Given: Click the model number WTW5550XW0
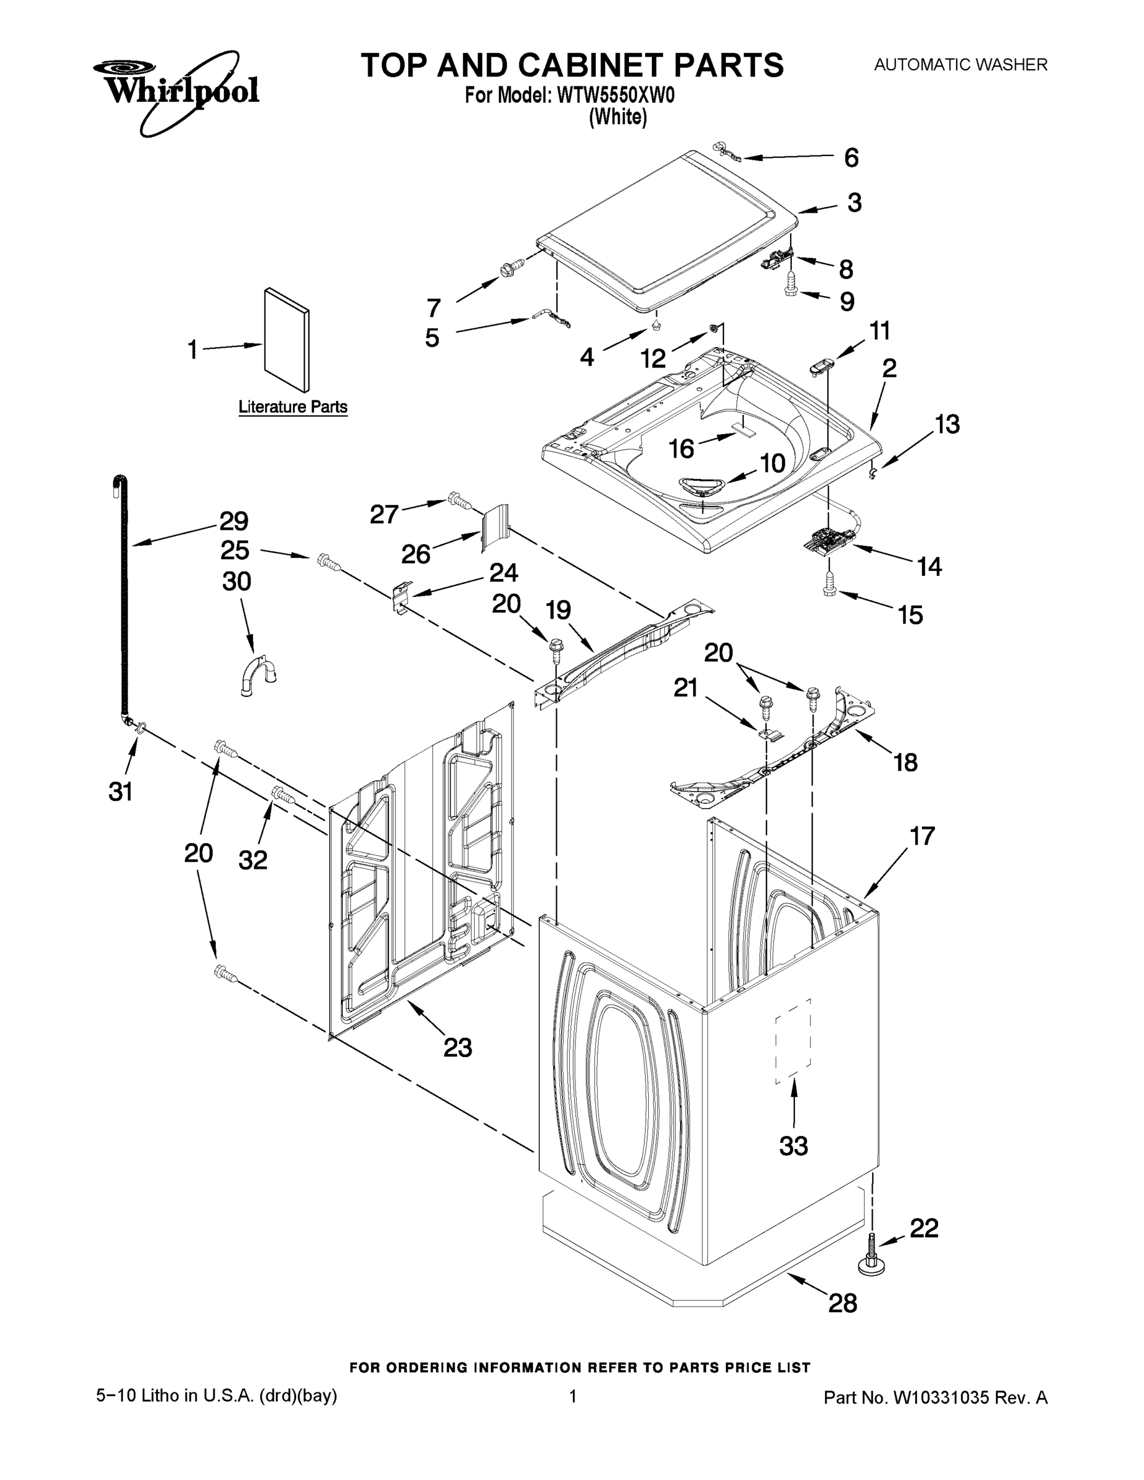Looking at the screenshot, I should click(616, 96).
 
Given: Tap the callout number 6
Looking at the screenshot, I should click(851, 158).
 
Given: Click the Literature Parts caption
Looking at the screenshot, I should click(293, 407).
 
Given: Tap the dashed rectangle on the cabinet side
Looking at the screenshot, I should click(794, 1040).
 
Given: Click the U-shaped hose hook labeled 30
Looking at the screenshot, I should click(258, 673).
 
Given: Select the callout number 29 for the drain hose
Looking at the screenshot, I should click(234, 521).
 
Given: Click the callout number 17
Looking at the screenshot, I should click(922, 836).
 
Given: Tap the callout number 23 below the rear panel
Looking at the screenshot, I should click(458, 1048).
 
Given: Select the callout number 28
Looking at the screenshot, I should click(842, 1302).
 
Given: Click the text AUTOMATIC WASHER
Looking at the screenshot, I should click(960, 65).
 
